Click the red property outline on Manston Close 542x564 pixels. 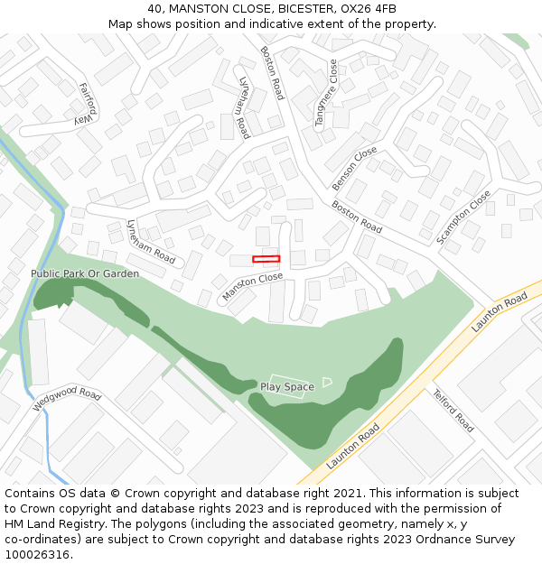[266, 259]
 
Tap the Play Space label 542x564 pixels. [287, 387]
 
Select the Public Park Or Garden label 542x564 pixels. [85, 273]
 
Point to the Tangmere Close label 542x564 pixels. [325, 93]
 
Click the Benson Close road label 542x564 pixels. [354, 169]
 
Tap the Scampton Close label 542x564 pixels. [463, 217]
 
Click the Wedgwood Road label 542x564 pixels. [67, 399]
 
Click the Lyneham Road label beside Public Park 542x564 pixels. [151, 241]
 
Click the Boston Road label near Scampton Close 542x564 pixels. [356, 217]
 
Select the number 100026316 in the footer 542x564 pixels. [37, 555]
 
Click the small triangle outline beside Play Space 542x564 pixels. [327, 383]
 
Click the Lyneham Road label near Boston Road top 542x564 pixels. [243, 106]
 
